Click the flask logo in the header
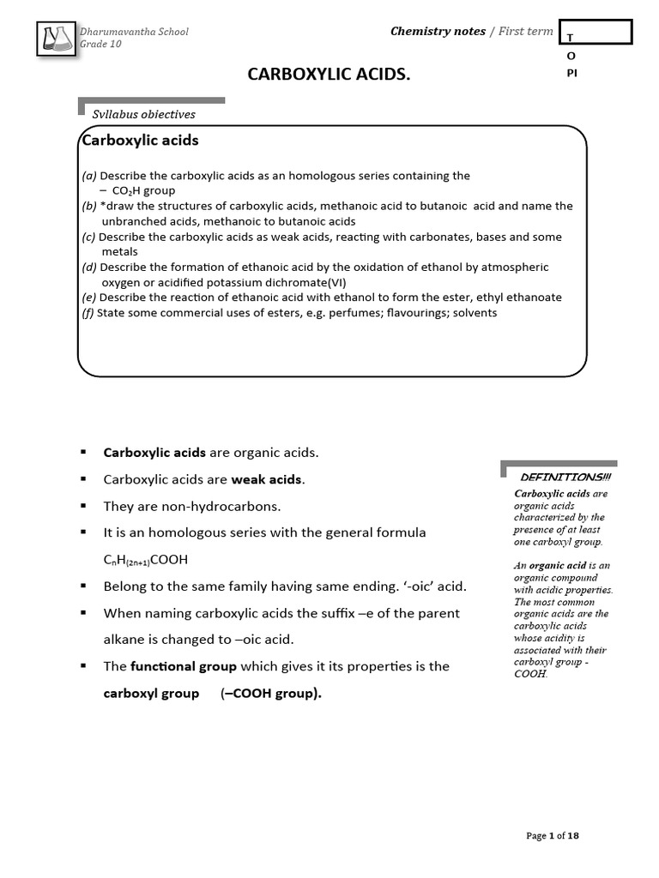coord(57,39)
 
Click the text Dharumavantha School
coord(135,32)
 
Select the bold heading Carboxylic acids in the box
coord(140,140)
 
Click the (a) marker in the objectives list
coord(89,176)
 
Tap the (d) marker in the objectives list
coord(89,268)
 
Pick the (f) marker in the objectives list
coord(88,313)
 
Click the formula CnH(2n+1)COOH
coord(145,560)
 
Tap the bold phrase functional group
coord(184,666)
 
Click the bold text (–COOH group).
coord(271,694)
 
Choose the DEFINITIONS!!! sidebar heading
coord(566,477)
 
